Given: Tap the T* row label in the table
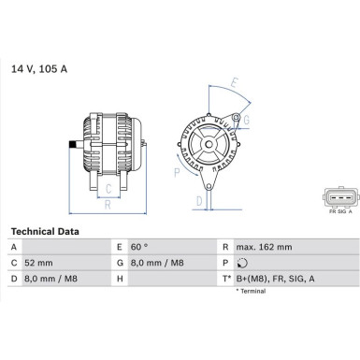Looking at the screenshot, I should point(227,279).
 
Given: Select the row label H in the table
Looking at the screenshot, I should point(120,279).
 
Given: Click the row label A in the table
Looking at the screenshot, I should point(13,247).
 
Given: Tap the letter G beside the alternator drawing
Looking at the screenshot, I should point(245,119).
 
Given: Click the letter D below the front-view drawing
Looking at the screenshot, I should point(198,199).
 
